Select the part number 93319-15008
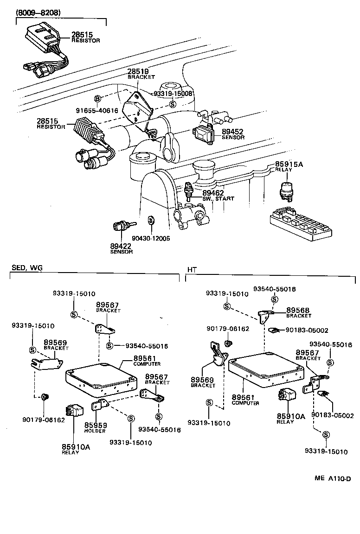coord(173,94)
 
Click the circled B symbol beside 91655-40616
coord(97,99)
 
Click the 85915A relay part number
coord(289,164)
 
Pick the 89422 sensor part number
coord(121,246)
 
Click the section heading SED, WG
coord(26,268)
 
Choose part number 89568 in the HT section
coord(297,310)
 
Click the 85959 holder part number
coord(96,425)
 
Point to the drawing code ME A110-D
coord(333,478)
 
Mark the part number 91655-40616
coord(97,110)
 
